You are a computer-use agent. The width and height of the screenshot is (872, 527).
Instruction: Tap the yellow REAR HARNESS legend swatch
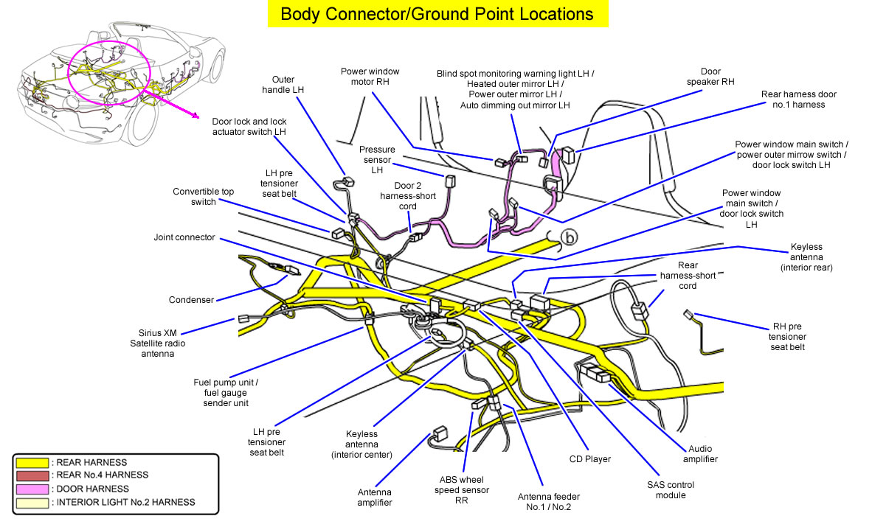(x=32, y=462)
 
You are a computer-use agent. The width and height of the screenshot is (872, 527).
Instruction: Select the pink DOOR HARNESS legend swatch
(x=32, y=489)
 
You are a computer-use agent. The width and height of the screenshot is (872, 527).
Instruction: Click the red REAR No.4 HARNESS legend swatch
(x=32, y=475)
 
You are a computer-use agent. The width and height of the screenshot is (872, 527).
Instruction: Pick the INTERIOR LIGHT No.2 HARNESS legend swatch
(x=32, y=502)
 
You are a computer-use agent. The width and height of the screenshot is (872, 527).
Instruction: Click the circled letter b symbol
(x=569, y=237)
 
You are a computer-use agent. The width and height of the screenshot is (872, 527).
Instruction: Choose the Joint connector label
(x=184, y=237)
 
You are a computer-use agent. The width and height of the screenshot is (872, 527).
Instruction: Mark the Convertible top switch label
(x=204, y=197)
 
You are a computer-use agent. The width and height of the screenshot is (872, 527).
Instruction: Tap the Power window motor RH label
(x=370, y=77)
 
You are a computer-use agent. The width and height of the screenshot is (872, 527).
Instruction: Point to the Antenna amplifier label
(x=374, y=497)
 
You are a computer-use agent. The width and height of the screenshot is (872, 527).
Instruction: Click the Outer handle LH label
(x=283, y=84)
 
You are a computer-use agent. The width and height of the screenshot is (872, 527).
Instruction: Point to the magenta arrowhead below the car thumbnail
(x=195, y=115)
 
